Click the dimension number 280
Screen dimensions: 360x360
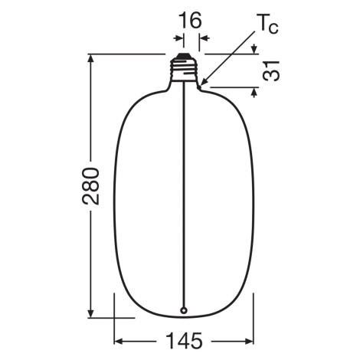90,186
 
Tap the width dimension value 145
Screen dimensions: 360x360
185,341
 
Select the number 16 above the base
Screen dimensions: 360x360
190,21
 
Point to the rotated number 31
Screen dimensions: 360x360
271,70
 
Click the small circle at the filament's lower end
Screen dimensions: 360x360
184,310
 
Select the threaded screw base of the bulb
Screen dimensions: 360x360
184,70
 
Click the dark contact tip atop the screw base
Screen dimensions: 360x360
184,56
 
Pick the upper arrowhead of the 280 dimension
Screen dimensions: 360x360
90,58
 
